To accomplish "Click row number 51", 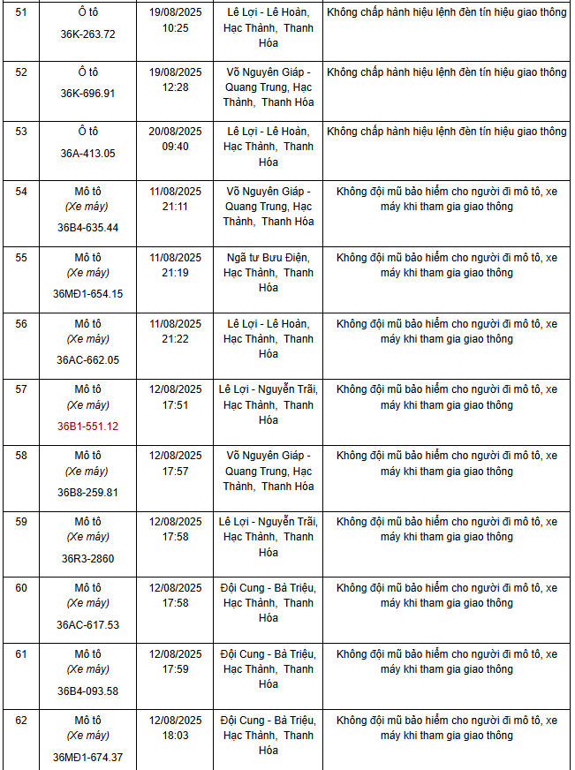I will click(x=21, y=12).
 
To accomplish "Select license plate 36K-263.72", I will click(x=87, y=34).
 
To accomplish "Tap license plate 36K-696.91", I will click(x=87, y=93).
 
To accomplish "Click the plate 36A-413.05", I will click(x=87, y=153).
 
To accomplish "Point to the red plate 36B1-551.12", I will click(x=87, y=426).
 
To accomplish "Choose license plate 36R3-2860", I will click(x=87, y=558).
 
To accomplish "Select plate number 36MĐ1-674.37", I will click(x=87, y=757).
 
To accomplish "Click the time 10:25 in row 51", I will click(x=175, y=28).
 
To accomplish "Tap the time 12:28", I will click(x=175, y=87).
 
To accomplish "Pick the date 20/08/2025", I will click(x=175, y=132).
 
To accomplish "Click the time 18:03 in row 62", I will click(x=175, y=736).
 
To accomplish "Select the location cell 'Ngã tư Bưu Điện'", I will click(x=268, y=257).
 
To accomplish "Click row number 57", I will click(x=21, y=389).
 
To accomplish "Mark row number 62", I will click(x=21, y=721).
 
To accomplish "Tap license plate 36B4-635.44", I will click(x=87, y=227).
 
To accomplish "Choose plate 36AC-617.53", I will click(x=87, y=624).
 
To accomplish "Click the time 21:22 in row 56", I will click(x=175, y=339).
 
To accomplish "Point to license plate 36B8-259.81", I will click(x=87, y=492).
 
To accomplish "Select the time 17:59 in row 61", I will click(x=175, y=669).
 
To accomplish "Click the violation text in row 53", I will click(x=446, y=132).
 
